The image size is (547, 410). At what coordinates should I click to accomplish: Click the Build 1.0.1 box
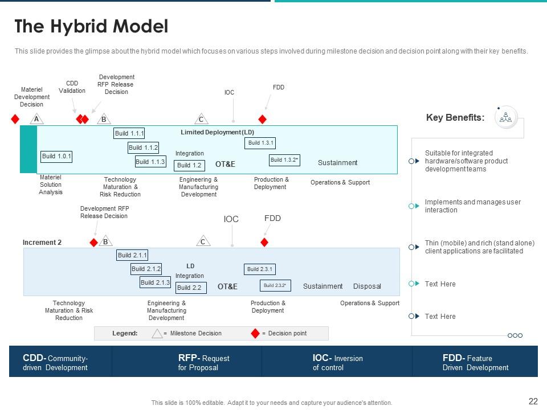56,156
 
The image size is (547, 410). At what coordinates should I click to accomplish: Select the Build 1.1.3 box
150,162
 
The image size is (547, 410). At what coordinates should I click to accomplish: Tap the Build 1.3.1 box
261,143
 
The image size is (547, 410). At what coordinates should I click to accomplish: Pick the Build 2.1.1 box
132,255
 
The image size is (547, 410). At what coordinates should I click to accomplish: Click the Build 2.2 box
189,288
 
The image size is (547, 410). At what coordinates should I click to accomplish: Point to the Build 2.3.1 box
260,269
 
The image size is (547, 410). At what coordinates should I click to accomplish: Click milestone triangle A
36,119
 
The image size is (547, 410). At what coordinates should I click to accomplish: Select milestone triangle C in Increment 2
203,242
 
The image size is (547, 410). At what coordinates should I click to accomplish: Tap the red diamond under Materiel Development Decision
15,119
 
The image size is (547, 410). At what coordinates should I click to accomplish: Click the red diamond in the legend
255,333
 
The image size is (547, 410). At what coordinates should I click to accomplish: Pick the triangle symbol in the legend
157,333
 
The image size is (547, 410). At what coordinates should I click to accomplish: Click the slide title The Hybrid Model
91,26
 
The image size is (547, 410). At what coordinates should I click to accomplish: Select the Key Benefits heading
455,118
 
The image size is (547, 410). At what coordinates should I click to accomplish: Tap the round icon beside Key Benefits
506,117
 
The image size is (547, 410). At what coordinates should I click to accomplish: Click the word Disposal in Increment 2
367,286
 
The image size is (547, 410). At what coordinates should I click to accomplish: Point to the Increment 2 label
42,243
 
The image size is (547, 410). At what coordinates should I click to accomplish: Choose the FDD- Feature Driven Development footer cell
475,362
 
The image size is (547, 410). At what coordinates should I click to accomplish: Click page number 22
533,401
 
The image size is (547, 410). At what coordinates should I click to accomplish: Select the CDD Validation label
72,87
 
